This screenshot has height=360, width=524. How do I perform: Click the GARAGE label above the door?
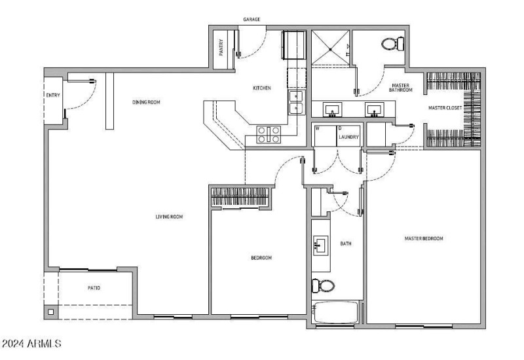pos(252,20)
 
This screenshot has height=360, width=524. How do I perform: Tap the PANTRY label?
pos(221,48)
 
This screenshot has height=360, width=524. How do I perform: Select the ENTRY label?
pos(53,95)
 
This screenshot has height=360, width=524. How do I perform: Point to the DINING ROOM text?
pos(146,102)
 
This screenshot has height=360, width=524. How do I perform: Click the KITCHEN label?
pos(262,88)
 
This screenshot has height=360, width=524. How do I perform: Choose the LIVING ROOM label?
pos(169,217)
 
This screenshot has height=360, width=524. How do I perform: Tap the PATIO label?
pos(94,288)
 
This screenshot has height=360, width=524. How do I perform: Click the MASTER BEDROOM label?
pos(424,238)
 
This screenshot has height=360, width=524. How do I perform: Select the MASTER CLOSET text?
pos(445,108)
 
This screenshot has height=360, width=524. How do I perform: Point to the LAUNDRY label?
pos(348,137)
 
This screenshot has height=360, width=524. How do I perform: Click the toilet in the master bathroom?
pos(393,44)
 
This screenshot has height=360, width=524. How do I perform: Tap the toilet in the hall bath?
pos(323,286)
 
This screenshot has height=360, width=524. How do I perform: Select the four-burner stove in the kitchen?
pos(269,134)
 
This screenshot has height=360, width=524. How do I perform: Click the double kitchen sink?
pos(296,103)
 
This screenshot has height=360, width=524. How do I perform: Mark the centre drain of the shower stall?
pos(331,50)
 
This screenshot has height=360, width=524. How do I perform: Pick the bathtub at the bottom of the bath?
pos(335,312)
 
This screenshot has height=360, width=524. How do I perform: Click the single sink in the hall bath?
pos(320,245)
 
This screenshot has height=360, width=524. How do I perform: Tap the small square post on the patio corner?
pos(51,312)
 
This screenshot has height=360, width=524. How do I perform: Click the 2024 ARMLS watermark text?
pos(31,344)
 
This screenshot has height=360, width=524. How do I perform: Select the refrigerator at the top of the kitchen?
pos(294,45)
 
